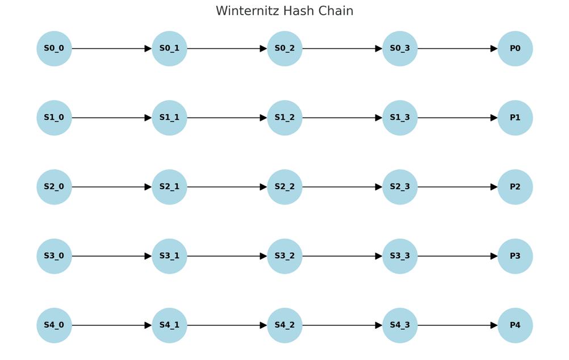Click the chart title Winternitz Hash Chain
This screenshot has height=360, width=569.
coord(284,11)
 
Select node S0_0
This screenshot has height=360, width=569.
coord(54,49)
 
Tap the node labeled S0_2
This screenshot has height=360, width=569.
coord(284,49)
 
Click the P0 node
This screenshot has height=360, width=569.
coord(515,49)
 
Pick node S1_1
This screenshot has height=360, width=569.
coord(169,118)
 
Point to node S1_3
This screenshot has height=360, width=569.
coord(400,118)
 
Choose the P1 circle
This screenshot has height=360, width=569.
coord(515,118)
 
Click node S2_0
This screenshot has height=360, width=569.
coord(54,187)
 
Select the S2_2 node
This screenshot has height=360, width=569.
coord(284,187)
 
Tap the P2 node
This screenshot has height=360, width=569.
coord(515,187)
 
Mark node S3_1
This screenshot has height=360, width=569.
coord(169,256)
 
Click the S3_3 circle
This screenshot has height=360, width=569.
coord(400,256)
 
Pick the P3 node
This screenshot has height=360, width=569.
coord(515,256)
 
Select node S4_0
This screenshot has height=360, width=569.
coord(54,325)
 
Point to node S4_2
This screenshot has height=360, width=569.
coord(284,325)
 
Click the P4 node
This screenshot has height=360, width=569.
coord(515,325)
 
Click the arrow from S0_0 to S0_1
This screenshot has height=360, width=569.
coord(112,49)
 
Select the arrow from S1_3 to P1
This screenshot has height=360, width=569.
coord(458,118)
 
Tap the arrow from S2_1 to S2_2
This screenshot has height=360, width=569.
coord(227,187)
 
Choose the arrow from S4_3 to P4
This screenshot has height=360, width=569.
coord(458,325)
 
